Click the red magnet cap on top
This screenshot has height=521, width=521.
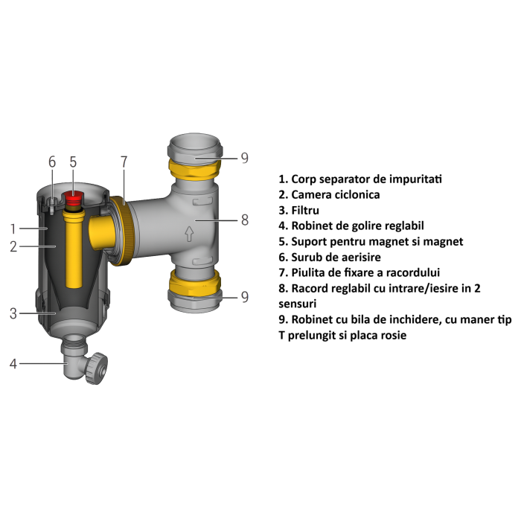(74, 199)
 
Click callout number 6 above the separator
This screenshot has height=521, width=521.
(51, 162)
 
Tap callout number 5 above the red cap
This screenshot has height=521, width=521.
(73, 162)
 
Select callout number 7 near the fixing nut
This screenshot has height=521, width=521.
(124, 162)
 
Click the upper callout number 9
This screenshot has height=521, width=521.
(244, 158)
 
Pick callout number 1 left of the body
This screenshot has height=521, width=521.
(13, 228)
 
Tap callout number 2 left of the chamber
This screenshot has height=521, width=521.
(13, 246)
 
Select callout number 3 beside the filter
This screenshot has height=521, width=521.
(13, 313)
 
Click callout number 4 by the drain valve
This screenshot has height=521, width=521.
(13, 363)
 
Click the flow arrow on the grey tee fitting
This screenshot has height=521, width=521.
(189, 235)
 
